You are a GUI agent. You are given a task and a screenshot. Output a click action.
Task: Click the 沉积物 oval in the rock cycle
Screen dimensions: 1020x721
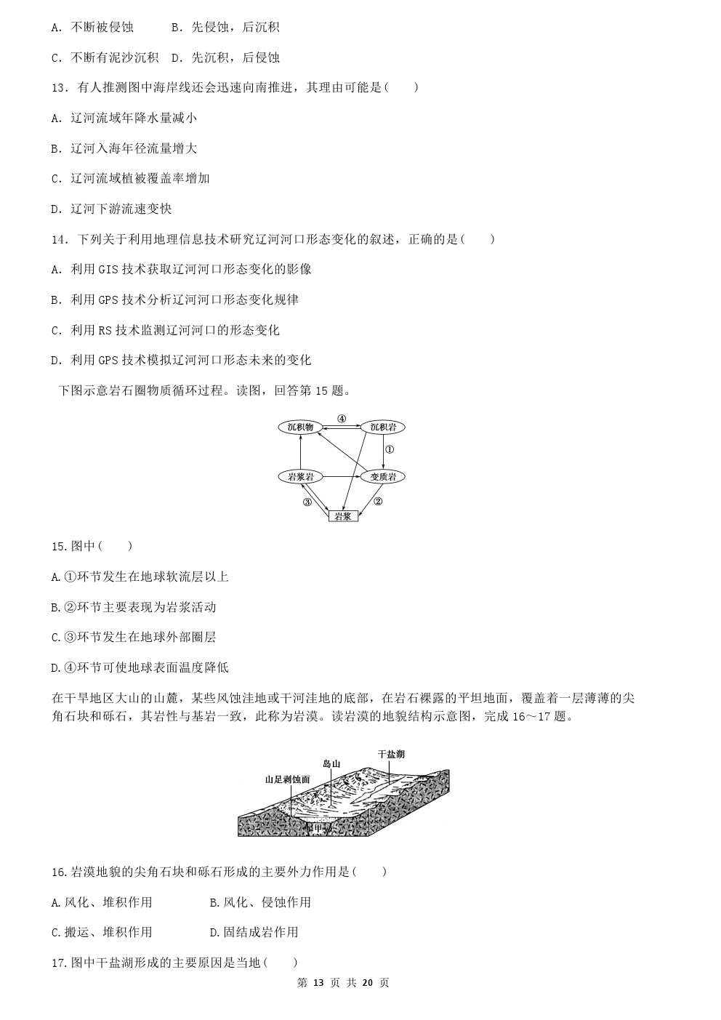[x=300, y=427]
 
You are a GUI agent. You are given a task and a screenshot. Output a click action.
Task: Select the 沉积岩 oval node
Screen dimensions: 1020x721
[x=382, y=427]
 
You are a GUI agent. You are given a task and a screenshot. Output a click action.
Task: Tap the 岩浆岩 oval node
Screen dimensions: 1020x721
[x=300, y=477]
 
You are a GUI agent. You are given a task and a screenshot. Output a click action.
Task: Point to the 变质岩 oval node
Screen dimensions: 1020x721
[x=382, y=477]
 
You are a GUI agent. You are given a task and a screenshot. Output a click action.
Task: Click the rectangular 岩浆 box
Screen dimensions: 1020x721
[x=343, y=515]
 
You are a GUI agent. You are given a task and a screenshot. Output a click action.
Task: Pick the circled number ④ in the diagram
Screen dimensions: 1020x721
[x=342, y=418]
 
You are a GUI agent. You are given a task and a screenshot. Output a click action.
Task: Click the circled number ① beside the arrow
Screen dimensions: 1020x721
[x=389, y=450]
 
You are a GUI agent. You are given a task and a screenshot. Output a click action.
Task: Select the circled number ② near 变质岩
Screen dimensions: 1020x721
[x=377, y=501]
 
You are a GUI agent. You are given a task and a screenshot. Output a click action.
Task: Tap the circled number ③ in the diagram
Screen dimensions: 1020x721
[x=307, y=502]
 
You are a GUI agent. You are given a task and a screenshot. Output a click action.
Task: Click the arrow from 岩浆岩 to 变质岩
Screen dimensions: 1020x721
[x=342, y=477]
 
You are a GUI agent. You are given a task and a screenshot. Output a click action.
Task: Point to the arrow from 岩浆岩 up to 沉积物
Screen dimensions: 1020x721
[x=300, y=452]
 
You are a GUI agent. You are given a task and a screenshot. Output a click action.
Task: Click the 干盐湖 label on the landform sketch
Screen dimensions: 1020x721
[x=391, y=754]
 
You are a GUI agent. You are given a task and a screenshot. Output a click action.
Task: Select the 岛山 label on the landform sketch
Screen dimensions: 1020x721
[x=331, y=764]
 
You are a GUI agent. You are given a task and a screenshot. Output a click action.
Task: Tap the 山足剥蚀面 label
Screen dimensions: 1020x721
[x=287, y=779]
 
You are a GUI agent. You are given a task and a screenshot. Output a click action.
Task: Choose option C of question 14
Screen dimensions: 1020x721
[x=165, y=330]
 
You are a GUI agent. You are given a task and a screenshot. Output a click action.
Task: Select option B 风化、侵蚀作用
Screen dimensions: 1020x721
[x=260, y=902]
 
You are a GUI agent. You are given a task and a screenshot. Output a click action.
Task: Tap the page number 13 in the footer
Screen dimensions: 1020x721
[x=318, y=982]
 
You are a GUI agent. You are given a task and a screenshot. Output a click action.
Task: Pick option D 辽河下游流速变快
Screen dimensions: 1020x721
[x=112, y=209]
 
